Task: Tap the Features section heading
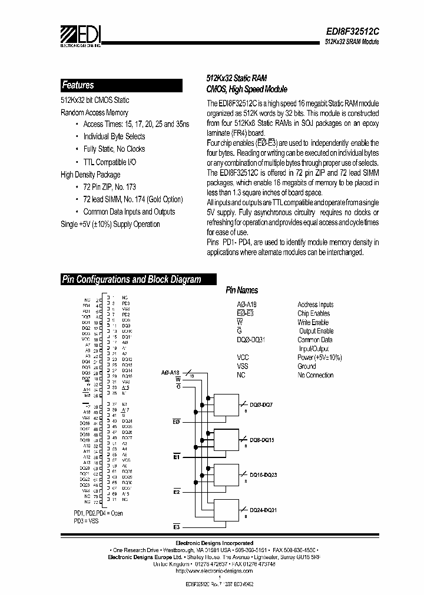pyautogui.click(x=78, y=85)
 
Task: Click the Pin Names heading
pyautogui.click(x=242, y=290)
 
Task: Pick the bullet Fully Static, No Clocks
pyautogui.click(x=114, y=149)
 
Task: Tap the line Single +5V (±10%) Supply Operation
pyautogui.click(x=110, y=224)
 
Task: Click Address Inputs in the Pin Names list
pyautogui.click(x=315, y=305)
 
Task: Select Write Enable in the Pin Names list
pyautogui.click(x=313, y=322)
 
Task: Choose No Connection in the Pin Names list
pyautogui.click(x=315, y=375)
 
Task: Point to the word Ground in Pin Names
pyautogui.click(x=307, y=366)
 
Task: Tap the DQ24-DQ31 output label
pyautogui.click(x=263, y=510)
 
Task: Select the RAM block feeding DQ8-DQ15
pyautogui.click(x=226, y=439)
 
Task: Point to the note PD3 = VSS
pyautogui.click(x=87, y=521)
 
